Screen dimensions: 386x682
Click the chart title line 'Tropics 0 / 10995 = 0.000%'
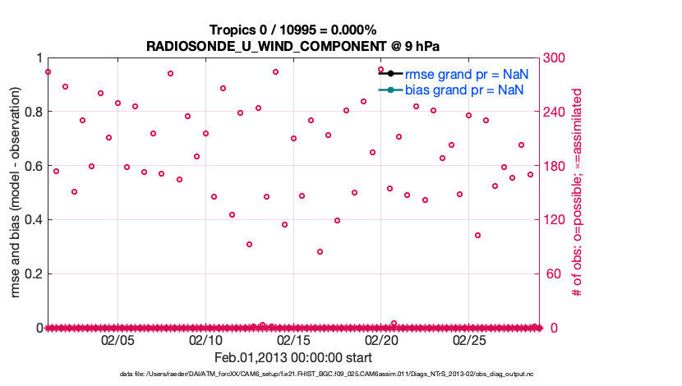click(x=293, y=30)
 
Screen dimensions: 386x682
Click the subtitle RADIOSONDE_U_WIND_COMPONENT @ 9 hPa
click(x=293, y=46)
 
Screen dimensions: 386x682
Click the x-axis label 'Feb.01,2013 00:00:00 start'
click(x=293, y=357)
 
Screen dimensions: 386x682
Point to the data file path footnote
click(x=293, y=374)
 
